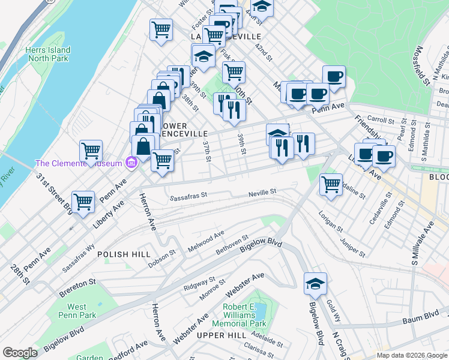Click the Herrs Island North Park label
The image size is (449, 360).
pos(48,55)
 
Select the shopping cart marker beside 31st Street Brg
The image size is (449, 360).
pos(83,202)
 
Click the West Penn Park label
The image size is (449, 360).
pos(77,311)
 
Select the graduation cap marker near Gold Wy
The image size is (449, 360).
pos(315,284)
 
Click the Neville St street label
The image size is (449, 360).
pos(262,193)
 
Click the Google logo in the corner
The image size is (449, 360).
pos(20,352)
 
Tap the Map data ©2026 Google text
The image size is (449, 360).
pos(411,355)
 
